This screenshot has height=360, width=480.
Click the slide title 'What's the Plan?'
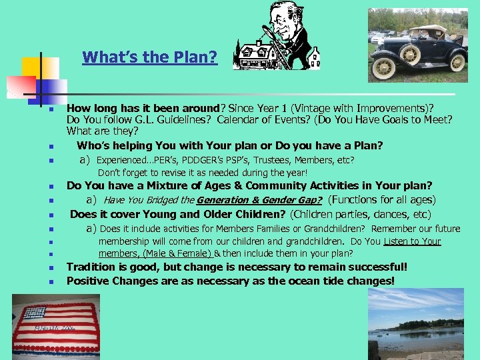pyautogui.click(x=149, y=57)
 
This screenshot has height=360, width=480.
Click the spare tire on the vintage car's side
pyautogui.click(x=407, y=53)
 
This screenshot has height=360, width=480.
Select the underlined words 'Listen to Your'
pyautogui.click(x=412, y=241)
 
